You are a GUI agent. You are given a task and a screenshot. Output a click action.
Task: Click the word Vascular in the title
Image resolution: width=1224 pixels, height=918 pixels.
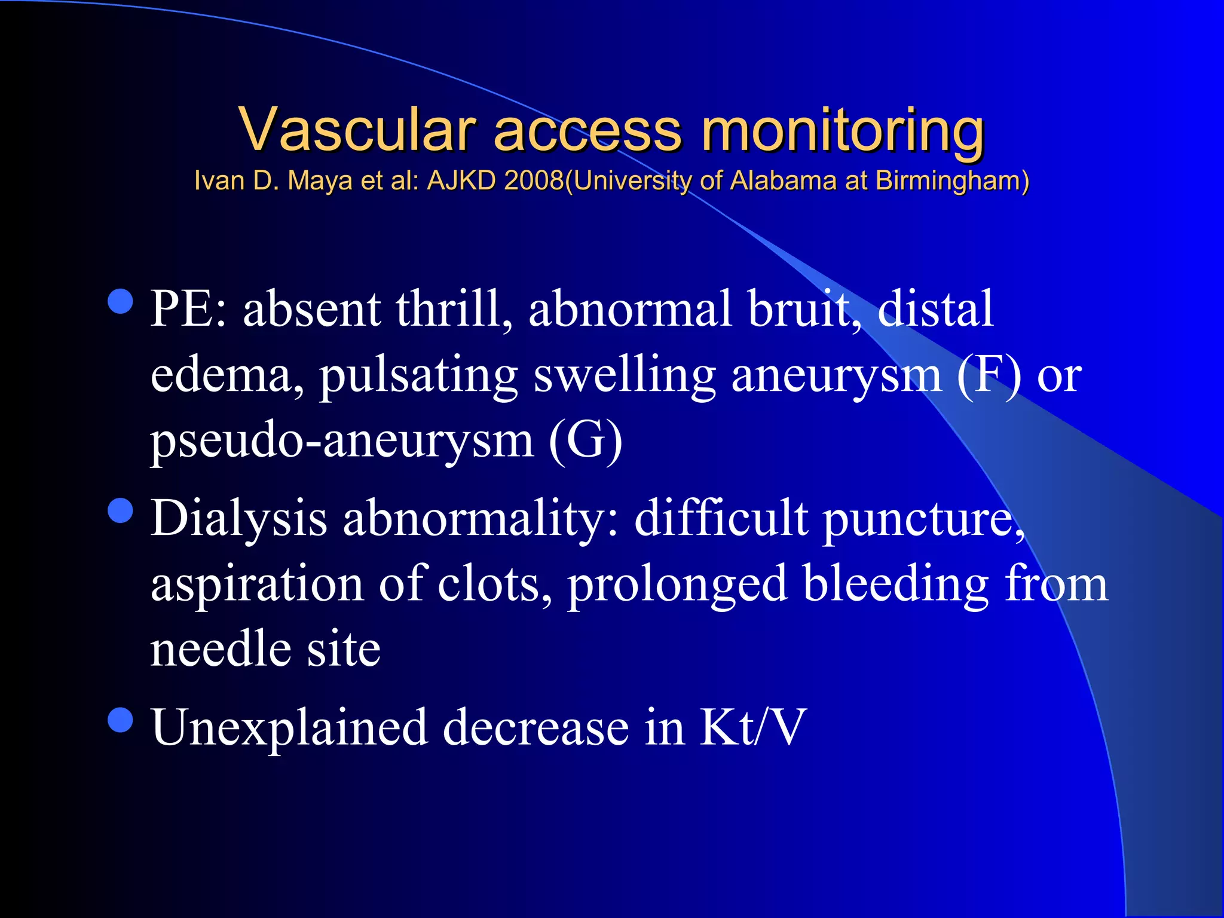coord(357,130)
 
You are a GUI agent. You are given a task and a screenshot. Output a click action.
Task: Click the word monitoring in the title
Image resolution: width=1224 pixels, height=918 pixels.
coord(842,131)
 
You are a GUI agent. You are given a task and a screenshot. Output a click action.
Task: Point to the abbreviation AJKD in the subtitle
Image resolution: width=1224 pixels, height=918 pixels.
coord(461,180)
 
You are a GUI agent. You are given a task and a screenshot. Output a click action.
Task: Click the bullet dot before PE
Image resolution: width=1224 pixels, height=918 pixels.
coord(121,302)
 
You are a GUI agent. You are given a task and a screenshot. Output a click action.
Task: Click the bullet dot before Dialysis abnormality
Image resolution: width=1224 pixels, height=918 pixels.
coord(121,511)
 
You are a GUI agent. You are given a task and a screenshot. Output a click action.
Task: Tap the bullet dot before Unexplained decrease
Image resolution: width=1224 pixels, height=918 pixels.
coord(121,720)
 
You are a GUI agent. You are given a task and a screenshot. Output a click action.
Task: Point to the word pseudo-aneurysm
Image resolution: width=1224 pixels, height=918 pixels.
coord(341,442)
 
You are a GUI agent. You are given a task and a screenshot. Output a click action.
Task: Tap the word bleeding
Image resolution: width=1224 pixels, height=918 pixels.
coord(896,585)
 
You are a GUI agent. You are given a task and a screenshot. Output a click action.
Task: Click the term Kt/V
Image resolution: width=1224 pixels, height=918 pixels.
coord(753,727)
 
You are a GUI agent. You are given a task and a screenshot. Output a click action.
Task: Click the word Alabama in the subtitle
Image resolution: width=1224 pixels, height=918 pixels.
coord(783,180)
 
